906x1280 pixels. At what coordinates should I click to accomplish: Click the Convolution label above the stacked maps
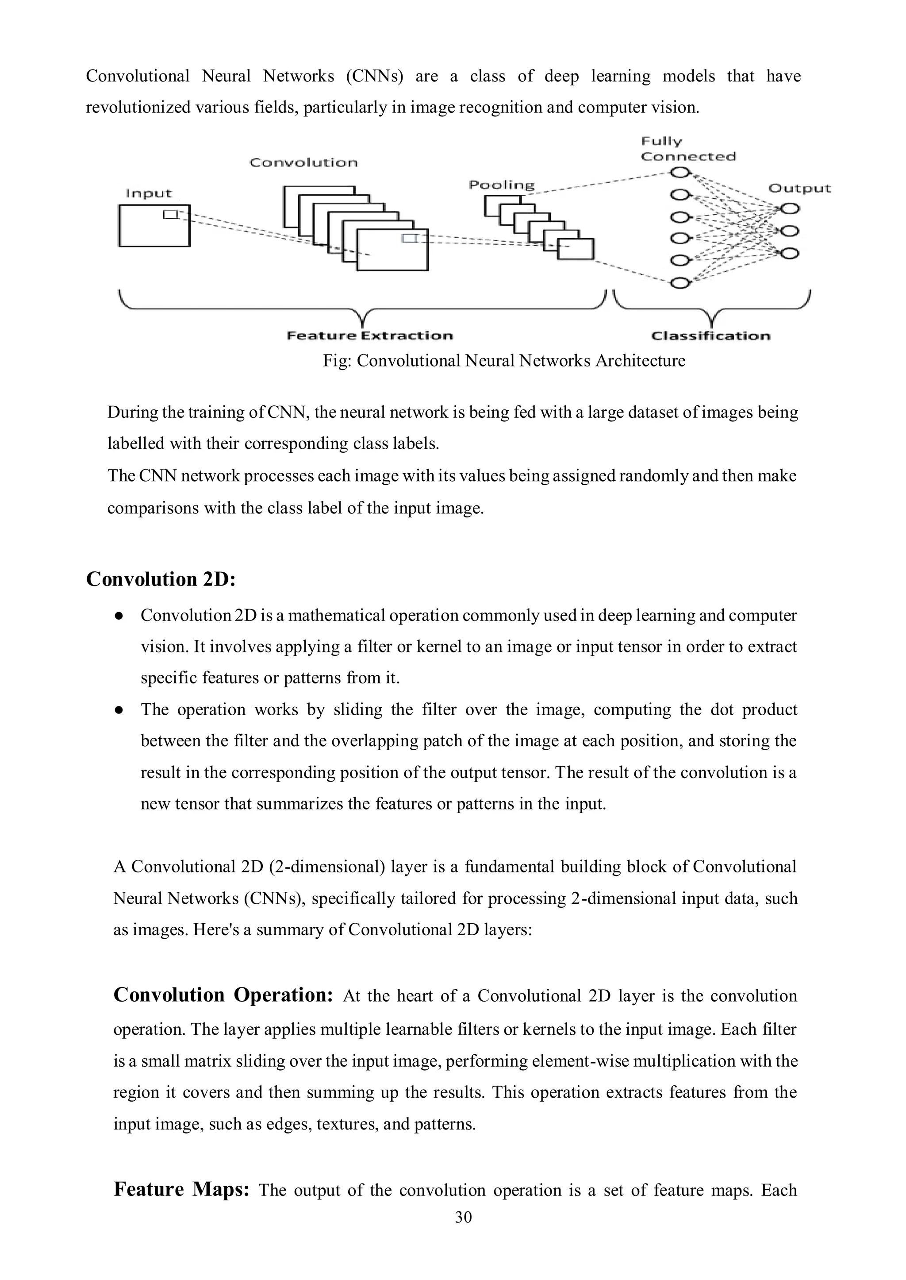[303, 163]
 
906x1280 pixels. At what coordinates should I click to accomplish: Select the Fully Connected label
[688, 149]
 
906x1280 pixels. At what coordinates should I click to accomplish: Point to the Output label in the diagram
[799, 189]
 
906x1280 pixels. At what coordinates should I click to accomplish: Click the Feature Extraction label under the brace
[369, 336]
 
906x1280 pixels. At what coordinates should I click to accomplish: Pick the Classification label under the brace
[711, 336]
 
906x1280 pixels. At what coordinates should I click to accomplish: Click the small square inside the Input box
[170, 214]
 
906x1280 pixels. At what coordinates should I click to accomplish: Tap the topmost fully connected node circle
[679, 173]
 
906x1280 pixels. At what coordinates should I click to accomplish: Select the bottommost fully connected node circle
[679, 283]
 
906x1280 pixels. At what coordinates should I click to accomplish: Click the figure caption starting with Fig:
[504, 361]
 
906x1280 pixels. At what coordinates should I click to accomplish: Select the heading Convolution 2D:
[161, 579]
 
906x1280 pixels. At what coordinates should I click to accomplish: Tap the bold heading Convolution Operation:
[223, 995]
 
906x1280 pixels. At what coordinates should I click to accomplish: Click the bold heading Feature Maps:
[181, 1190]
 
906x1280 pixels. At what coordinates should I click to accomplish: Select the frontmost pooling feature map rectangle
[576, 249]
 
